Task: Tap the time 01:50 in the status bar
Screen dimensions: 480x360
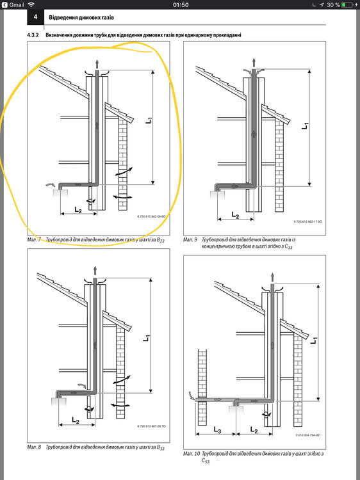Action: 180,4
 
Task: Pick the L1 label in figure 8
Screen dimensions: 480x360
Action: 147,336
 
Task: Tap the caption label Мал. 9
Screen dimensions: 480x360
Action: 190,239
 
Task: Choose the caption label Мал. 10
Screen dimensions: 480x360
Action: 192,453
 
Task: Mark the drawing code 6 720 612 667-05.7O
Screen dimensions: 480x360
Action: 151,426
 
